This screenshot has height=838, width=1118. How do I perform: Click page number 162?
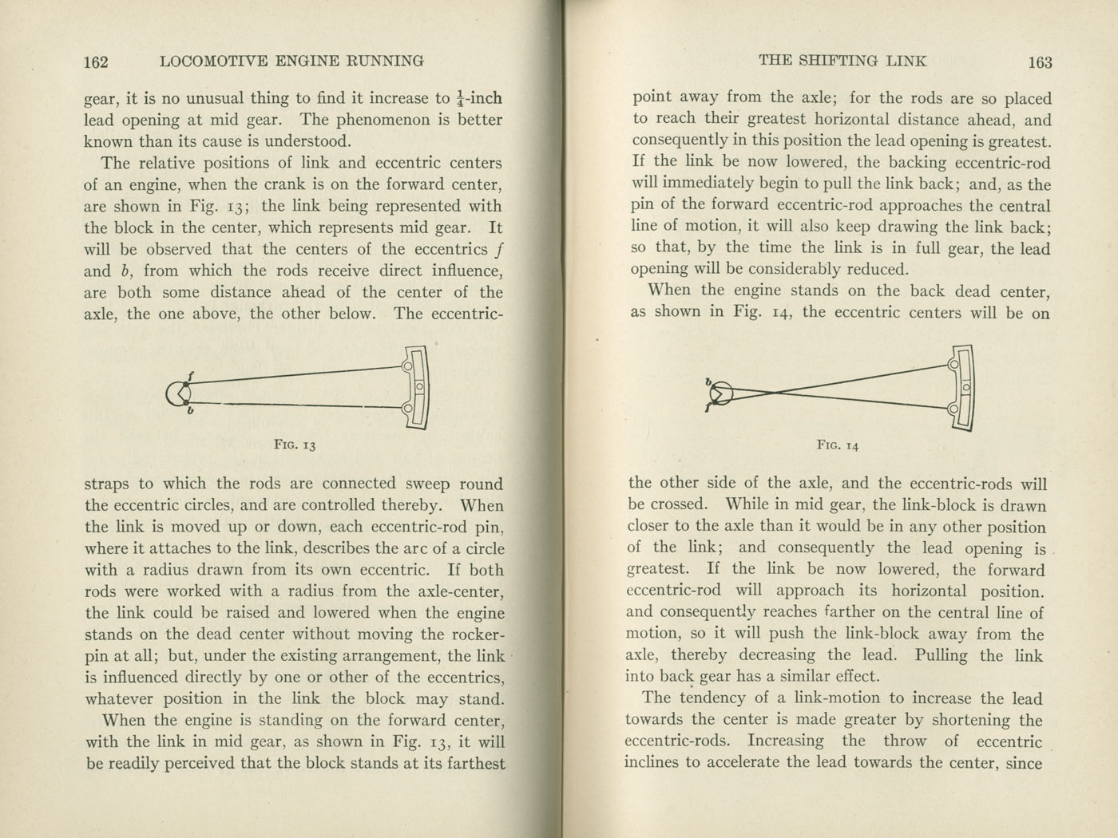(96, 61)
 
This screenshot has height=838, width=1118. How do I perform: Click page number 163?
(1040, 62)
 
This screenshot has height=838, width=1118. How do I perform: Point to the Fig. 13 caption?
(295, 445)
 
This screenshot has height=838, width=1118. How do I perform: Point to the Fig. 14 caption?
(837, 445)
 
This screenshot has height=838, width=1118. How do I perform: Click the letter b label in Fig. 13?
(190, 412)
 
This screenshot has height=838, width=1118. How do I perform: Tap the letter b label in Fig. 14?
(708, 381)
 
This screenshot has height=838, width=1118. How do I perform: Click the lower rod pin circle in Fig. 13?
(408, 409)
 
